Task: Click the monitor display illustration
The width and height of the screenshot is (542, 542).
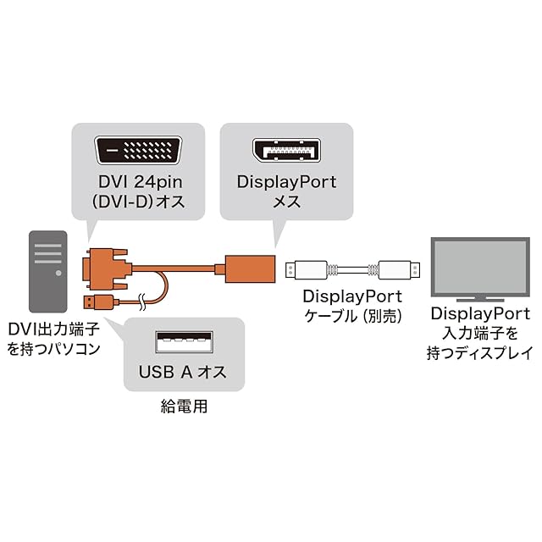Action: click(479, 268)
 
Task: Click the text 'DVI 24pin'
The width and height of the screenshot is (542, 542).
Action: click(140, 182)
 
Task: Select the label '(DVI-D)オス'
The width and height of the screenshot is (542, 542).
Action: click(140, 203)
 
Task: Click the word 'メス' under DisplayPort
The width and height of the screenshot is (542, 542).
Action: click(286, 203)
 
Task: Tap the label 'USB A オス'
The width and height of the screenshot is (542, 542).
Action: click(182, 372)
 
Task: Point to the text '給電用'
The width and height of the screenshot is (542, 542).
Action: click(183, 406)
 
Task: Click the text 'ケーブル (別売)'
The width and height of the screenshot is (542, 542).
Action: click(352, 316)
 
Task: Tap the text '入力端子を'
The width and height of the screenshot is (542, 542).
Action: click(479, 334)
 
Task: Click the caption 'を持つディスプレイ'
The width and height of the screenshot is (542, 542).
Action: click(479, 354)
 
